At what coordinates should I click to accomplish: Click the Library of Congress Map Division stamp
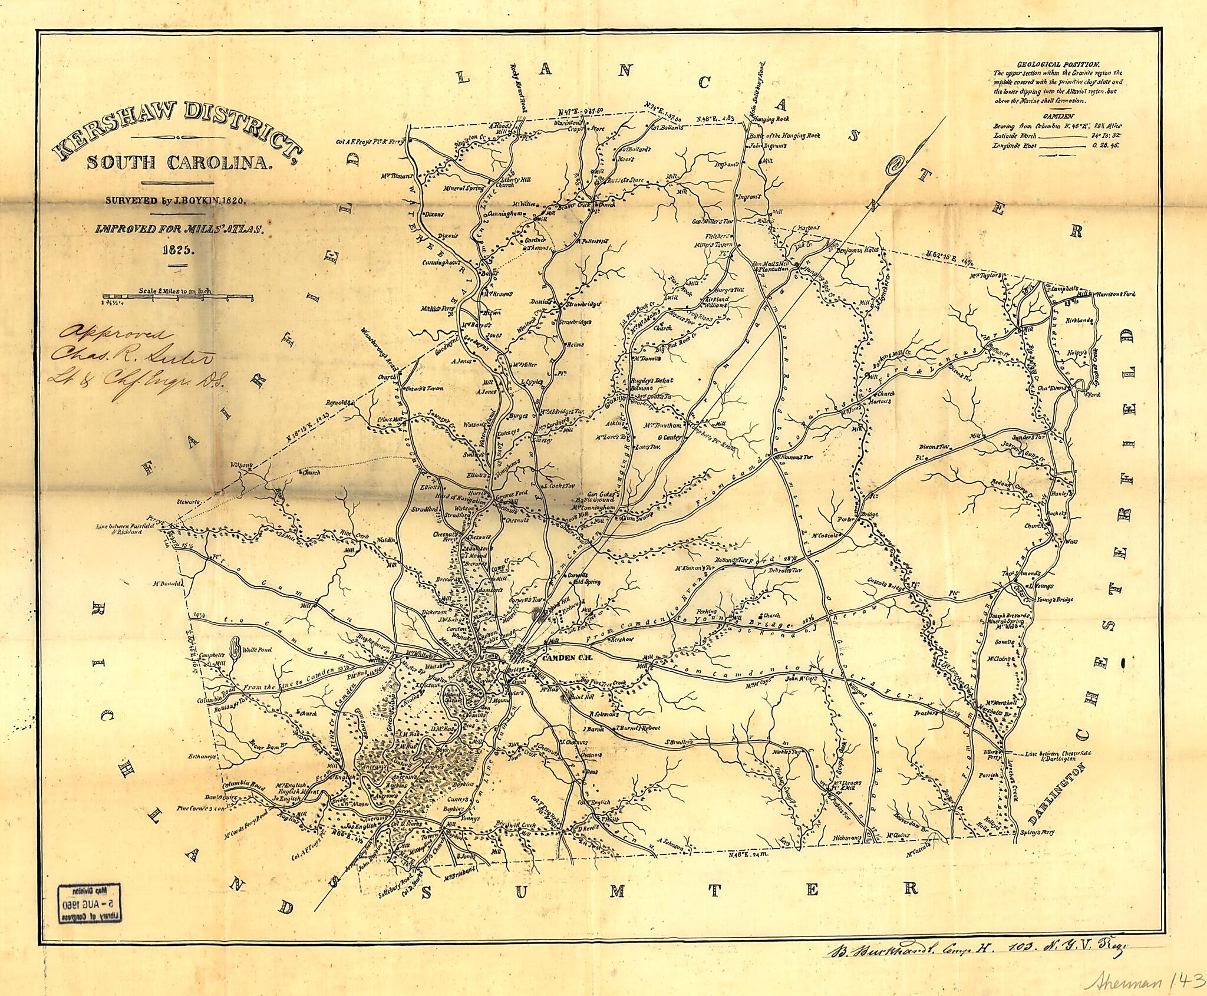point(90,900)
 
